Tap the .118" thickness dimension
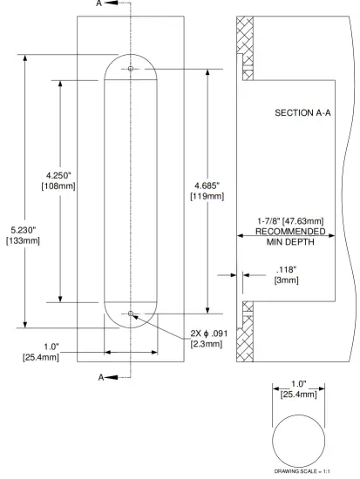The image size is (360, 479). click(286, 269)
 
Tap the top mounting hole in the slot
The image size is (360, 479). click(131, 69)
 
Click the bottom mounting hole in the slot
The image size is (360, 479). click(131, 314)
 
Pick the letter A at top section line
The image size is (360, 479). click(100, 4)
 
